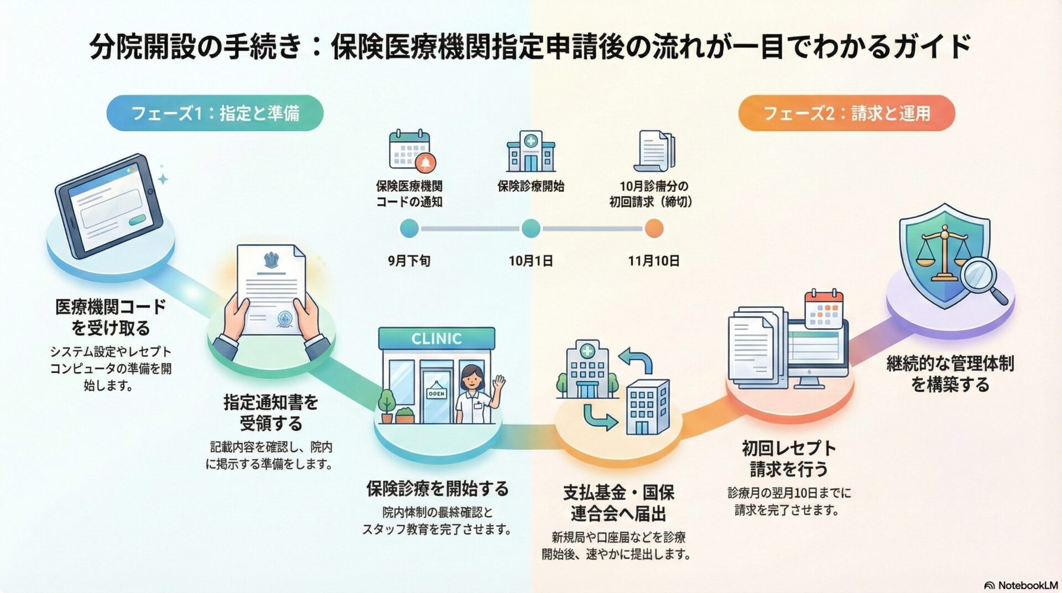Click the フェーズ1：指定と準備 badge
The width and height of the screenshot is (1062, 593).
coord(215,113)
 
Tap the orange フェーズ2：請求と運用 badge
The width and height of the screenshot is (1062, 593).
coord(846,113)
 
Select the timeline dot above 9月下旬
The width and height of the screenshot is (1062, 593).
coord(409,228)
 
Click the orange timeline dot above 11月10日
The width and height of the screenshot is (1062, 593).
coord(654,228)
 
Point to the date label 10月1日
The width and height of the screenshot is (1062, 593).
coord(530,261)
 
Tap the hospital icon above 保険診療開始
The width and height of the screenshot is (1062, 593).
coord(530,152)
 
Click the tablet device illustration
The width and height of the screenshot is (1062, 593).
coord(109,206)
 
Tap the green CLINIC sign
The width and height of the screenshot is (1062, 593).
coord(436,338)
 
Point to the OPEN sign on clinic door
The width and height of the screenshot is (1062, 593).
coord(436,393)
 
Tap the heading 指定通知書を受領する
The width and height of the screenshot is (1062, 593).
coord(270,413)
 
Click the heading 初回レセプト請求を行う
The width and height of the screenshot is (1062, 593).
coord(788,459)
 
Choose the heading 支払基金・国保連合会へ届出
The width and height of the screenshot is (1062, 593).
coord(618,503)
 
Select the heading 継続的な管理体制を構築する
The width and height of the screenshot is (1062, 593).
coord(950,373)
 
